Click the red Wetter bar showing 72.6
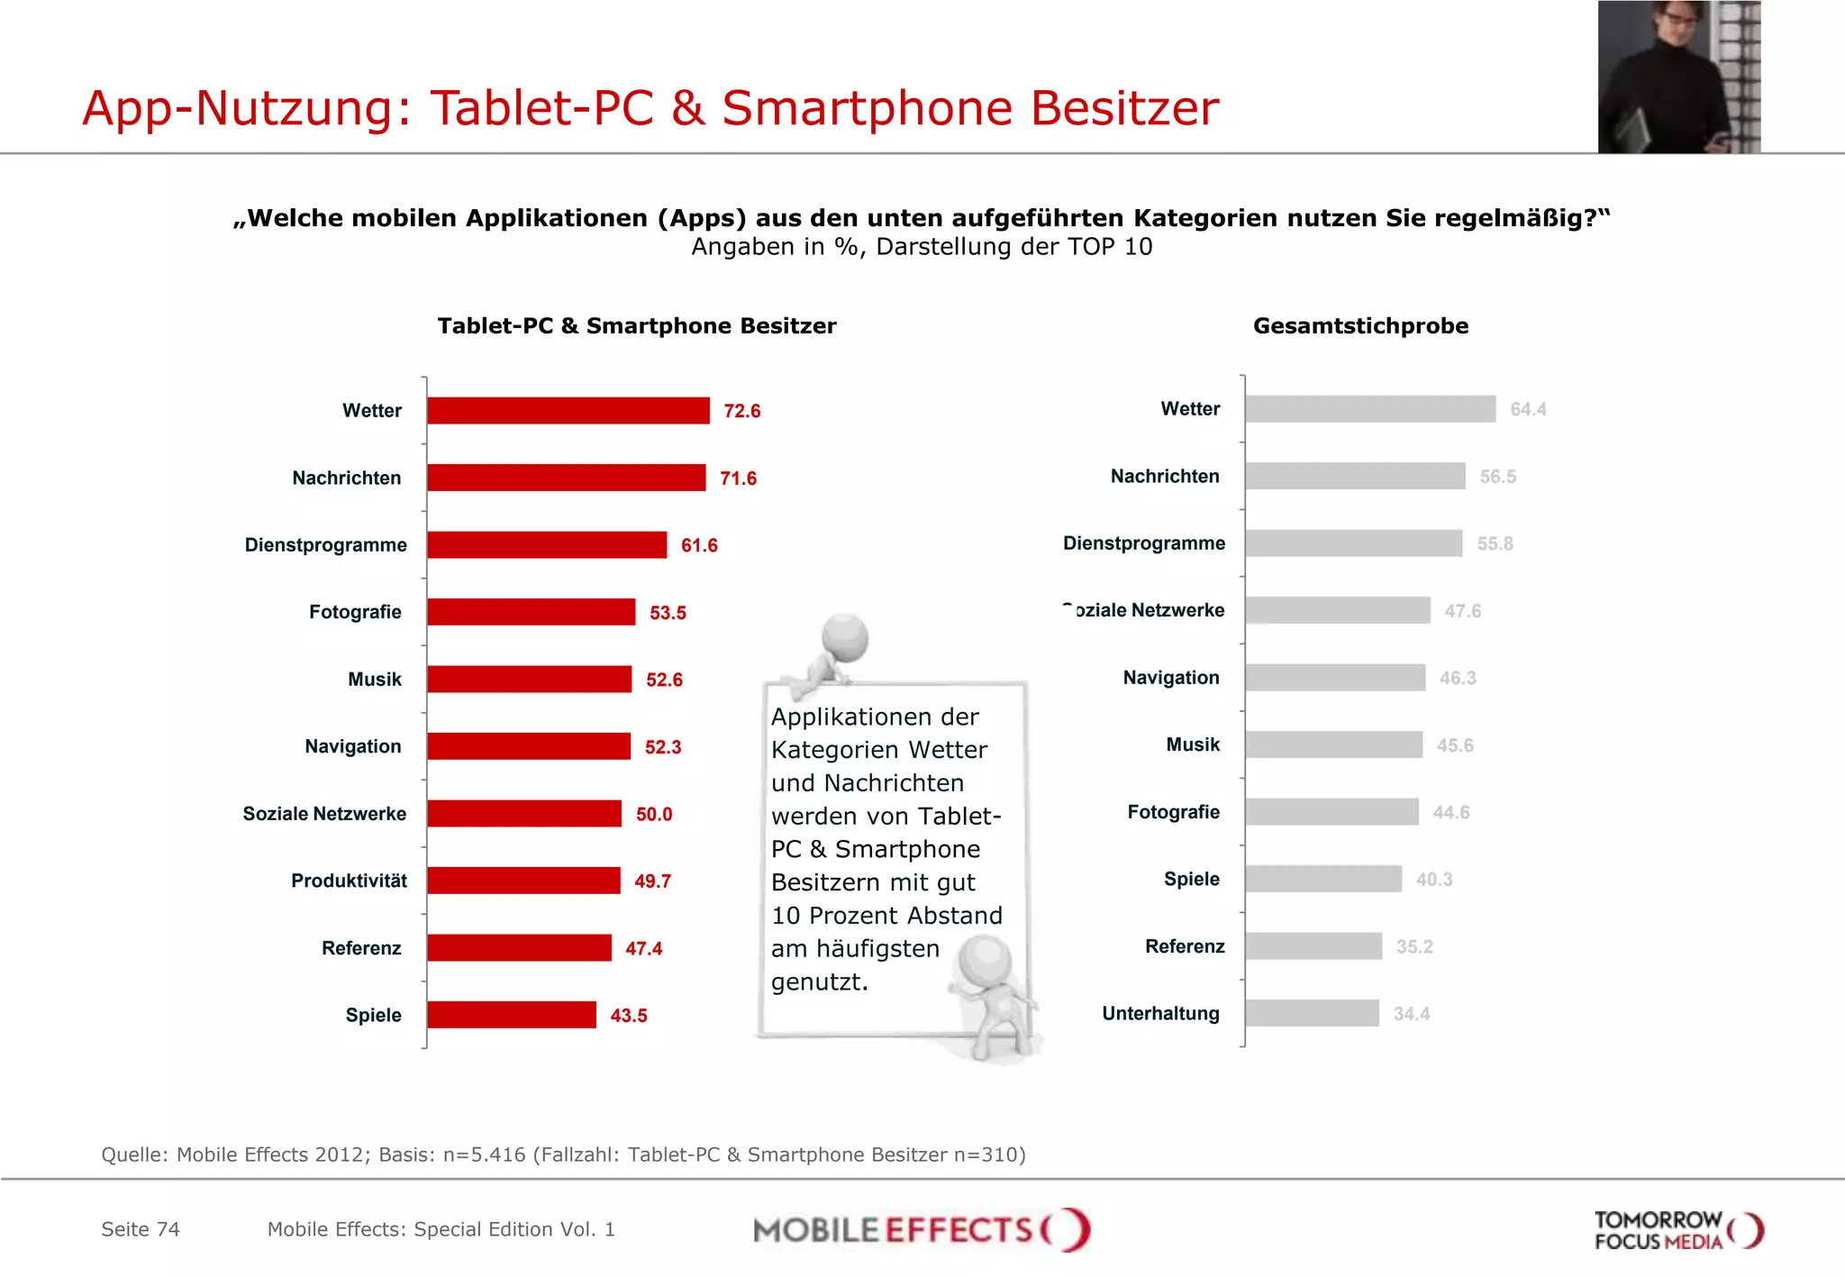coord(568,411)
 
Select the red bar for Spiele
coord(511,1015)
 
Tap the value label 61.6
coord(699,545)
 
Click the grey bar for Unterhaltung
coord(1312,1013)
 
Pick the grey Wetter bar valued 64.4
coord(1369,409)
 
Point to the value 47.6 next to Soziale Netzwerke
coord(1462,611)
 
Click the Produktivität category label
coord(349,881)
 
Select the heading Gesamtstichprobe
coord(1360,326)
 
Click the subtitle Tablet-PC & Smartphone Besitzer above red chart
coord(637,326)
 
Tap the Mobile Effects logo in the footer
coord(921,1230)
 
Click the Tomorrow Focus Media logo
coord(1677,1230)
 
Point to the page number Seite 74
coord(141,1229)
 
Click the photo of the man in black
coord(1677,78)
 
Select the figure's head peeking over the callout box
coord(844,637)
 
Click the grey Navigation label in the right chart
coord(1170,678)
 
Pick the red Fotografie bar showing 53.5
coord(531,612)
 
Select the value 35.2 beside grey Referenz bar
coord(1413,946)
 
